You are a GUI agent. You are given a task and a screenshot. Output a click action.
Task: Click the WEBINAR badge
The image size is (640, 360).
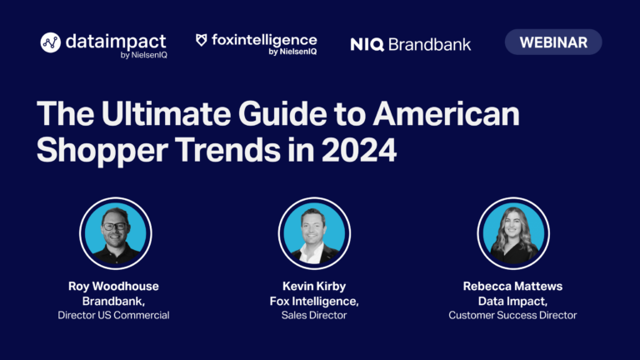[x=553, y=42]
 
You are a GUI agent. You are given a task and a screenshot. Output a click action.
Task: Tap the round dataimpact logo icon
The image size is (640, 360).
[x=51, y=42]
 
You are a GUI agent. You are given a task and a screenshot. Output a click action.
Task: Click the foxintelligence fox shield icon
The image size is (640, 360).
[x=201, y=40]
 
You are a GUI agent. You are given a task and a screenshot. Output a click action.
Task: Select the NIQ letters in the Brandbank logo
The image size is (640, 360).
[x=367, y=44]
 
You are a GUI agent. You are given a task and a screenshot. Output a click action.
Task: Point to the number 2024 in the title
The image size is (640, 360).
[x=359, y=150]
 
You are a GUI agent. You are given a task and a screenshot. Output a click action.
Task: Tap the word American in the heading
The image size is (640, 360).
[x=446, y=113]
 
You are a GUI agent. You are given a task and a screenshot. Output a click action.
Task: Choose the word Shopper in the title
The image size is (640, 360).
[x=102, y=151]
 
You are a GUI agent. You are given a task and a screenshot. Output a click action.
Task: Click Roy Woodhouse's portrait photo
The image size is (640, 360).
[x=116, y=233]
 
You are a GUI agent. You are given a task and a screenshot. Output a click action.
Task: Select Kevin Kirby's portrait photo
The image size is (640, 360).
[x=314, y=233]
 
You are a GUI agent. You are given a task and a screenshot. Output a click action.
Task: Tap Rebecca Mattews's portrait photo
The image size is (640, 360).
[x=513, y=233]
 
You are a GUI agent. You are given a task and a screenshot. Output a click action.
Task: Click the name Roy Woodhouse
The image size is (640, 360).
[x=113, y=286]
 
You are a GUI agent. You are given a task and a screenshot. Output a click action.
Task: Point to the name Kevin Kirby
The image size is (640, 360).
[x=314, y=286]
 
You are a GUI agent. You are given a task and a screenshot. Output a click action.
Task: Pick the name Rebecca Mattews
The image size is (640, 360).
[x=512, y=286]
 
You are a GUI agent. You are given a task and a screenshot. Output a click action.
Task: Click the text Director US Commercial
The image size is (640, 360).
[x=113, y=315]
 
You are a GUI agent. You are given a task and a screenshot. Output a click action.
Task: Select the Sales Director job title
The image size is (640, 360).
[x=314, y=315]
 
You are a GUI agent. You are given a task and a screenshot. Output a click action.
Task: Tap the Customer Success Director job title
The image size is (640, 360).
[x=512, y=315]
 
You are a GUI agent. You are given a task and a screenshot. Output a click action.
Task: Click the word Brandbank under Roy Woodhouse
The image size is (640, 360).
[x=112, y=301]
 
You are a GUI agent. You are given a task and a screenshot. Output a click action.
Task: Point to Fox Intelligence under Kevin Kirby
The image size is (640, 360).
[x=313, y=301]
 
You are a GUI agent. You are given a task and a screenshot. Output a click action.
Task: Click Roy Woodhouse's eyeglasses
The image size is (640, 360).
[x=115, y=226]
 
